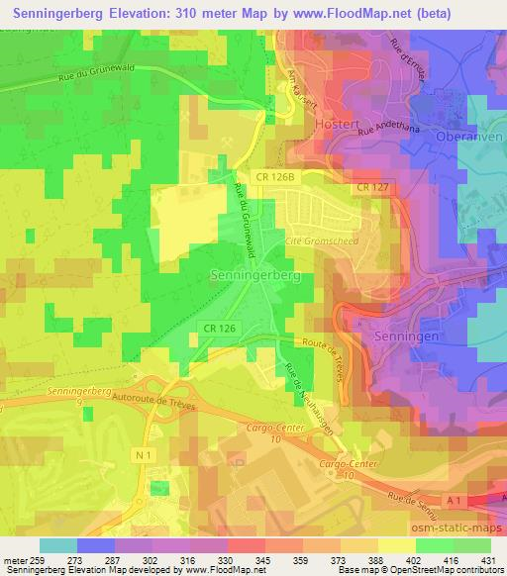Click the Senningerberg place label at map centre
click(x=256, y=277)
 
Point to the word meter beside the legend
click(x=16, y=560)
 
